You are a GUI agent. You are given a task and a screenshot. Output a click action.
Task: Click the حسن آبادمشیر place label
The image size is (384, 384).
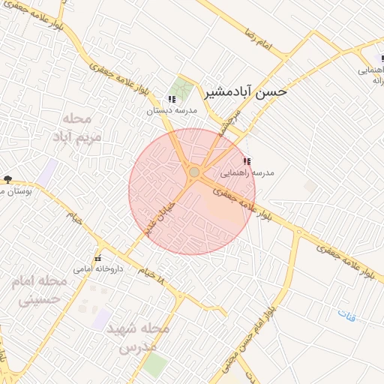[x=244, y=93]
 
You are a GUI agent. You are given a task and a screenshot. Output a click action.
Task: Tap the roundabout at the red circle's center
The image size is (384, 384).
[x=194, y=172]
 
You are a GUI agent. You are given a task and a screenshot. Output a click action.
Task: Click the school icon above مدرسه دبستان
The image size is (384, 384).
[x=172, y=99]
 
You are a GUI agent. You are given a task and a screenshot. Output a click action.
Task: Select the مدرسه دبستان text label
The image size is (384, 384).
[x=172, y=110]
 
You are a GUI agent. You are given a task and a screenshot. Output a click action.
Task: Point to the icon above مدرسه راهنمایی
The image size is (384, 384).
[x=247, y=161]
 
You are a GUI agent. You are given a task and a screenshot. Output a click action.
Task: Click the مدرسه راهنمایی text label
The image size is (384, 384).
[x=252, y=172]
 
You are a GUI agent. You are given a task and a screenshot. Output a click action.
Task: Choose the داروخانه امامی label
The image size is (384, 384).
[x=92, y=268]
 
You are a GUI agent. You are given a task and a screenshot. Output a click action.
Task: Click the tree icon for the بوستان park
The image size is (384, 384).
[x=7, y=179]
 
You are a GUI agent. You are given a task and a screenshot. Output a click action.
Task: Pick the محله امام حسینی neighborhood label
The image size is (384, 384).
[x=38, y=291]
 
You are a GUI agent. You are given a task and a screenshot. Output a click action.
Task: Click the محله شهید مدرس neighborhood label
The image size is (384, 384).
[x=137, y=338]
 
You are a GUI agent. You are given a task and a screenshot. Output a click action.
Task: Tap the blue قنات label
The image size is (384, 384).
[x=346, y=316]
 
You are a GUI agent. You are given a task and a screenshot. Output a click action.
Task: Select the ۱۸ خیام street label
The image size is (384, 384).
[x=150, y=275]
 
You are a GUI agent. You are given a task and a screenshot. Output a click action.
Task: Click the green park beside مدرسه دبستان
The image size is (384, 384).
[x=181, y=88]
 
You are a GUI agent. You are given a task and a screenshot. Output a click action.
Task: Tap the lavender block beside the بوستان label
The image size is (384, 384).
[x=49, y=173]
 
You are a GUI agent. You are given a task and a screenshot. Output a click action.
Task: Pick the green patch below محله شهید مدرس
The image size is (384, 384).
[x=155, y=366]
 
